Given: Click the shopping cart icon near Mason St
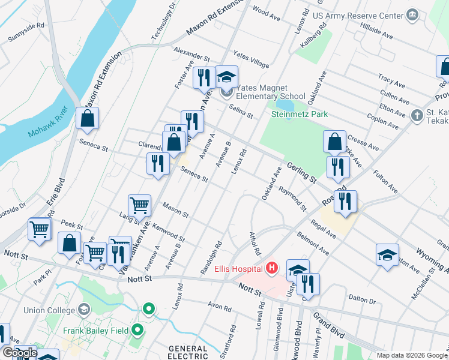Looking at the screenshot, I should pos(139,206).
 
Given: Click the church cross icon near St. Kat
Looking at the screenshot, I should pos(417,114).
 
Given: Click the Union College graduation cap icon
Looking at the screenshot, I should pos(84,310).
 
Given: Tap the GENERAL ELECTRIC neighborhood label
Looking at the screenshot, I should pos(188,352).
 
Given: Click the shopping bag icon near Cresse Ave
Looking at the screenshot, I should pos(335,142).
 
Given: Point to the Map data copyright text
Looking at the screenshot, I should pos(412,355).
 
